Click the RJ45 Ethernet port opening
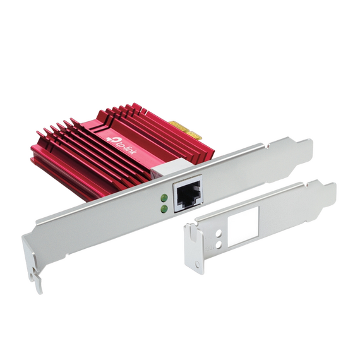(188, 193)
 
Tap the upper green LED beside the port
(165, 197)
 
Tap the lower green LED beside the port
(164, 208)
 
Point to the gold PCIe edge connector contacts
(186, 131)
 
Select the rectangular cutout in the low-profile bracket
(243, 226)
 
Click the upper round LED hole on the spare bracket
(219, 234)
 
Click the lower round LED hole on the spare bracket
(219, 246)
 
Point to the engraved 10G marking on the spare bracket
(212, 248)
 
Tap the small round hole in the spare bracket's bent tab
(198, 265)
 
